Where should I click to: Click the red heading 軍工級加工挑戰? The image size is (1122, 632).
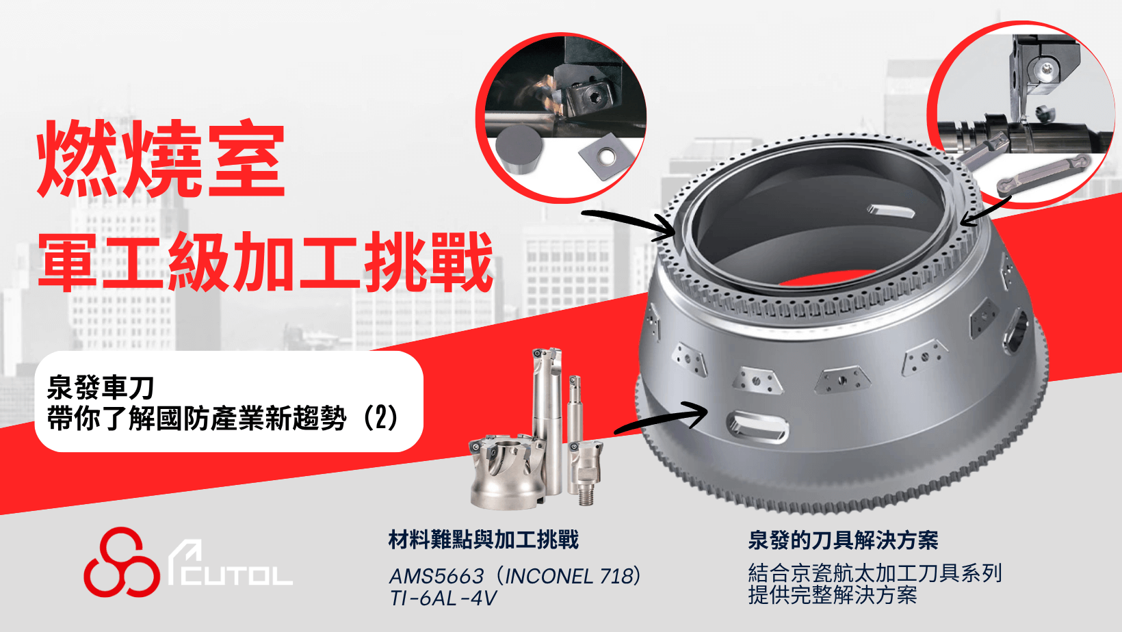point(266,262)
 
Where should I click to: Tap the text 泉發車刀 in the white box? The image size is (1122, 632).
point(100,387)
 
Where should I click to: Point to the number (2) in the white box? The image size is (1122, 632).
point(381,418)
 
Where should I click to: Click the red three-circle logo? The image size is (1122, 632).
point(122,562)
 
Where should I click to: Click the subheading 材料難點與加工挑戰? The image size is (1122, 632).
point(484,540)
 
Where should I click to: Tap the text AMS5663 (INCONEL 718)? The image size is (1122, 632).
point(515,577)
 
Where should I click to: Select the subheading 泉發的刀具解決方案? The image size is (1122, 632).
point(843,540)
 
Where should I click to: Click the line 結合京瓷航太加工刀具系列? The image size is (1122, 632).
point(874,573)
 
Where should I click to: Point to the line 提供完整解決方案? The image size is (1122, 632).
point(833,596)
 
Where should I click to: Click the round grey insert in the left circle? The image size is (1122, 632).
point(519,149)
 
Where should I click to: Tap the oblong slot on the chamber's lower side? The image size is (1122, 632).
point(757,427)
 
